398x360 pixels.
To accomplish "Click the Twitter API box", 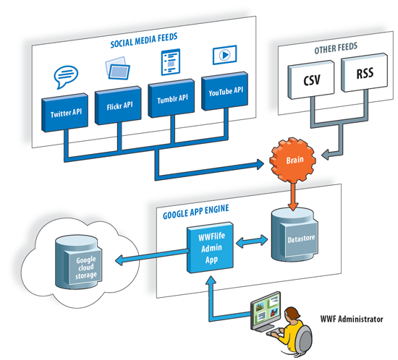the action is [x=65, y=113].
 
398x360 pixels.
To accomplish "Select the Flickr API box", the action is [x=118, y=106].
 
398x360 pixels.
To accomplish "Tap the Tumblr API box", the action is [x=172, y=98].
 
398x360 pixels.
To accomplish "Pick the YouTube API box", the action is [x=224, y=91].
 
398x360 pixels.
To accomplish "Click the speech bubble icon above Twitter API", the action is [x=66, y=77].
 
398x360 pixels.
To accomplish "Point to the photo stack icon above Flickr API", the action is [x=117, y=68].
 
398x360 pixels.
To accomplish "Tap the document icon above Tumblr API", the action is [x=171, y=62].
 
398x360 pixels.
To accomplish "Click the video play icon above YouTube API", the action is [x=224, y=54].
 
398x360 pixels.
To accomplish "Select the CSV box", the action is [x=311, y=80].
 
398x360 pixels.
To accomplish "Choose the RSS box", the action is [x=364, y=72].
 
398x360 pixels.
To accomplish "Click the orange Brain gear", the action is [x=293, y=160].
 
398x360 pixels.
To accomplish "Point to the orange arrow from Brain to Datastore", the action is [x=293, y=197].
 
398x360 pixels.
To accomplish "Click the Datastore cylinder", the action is [x=295, y=234].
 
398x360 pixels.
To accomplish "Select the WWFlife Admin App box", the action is [x=210, y=247].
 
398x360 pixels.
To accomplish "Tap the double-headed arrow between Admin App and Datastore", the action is [x=252, y=241].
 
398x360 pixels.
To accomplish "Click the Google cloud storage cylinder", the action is [x=78, y=262].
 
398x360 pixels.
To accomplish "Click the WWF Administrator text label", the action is [x=352, y=319].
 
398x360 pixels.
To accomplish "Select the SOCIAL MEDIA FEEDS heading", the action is [x=144, y=40].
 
